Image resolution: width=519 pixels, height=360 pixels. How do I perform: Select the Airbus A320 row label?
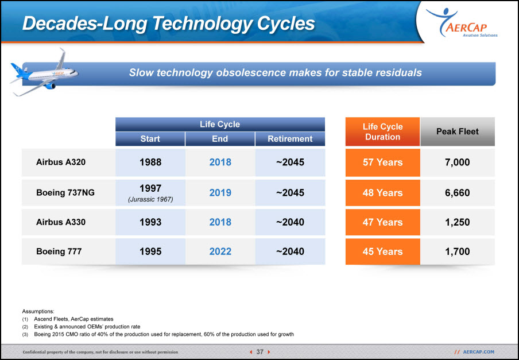[x=61, y=162]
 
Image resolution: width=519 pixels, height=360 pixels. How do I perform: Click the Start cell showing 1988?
[x=150, y=162]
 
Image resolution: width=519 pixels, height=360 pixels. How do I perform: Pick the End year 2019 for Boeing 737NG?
[x=220, y=193]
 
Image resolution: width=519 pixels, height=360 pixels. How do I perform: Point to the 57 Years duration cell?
[x=382, y=162]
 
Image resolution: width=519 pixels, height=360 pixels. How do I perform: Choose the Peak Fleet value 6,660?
[x=457, y=193]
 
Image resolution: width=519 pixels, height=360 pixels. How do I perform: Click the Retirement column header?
[x=290, y=139]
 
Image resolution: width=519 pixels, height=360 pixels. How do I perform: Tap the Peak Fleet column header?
[x=457, y=131]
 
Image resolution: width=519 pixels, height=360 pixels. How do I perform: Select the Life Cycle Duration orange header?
[x=382, y=131]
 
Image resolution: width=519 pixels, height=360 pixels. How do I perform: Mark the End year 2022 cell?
[x=220, y=251]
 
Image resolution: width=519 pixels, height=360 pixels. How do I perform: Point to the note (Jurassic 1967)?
[x=150, y=199]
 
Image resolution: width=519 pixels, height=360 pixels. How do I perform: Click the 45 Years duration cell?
[x=382, y=251]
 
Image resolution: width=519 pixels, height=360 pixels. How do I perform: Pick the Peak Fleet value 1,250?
[x=457, y=222]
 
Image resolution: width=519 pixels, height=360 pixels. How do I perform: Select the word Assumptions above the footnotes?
[x=38, y=311]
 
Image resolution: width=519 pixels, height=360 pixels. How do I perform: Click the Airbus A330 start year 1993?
[x=150, y=222]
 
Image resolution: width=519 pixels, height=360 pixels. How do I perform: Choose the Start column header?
[x=150, y=139]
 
